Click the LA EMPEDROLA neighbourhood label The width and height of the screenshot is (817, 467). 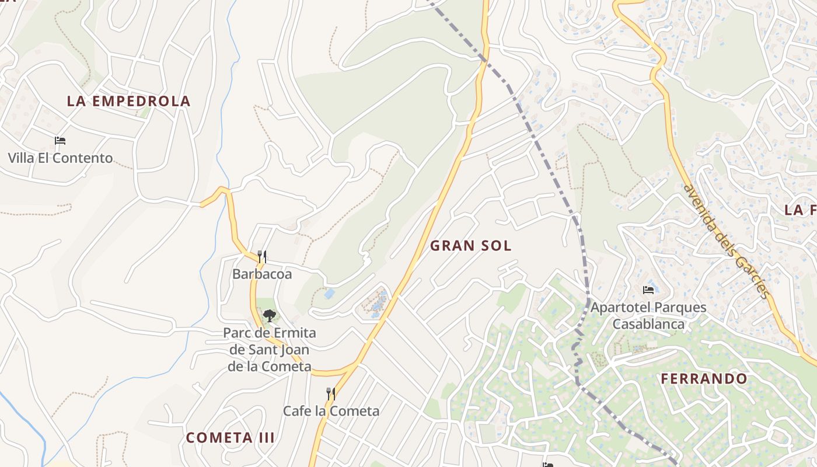pos(128,101)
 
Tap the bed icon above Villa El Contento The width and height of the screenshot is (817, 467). pos(60,141)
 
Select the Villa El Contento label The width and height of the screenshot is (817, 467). pos(60,158)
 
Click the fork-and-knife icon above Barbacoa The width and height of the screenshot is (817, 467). pos(262,256)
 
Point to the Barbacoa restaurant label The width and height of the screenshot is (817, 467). pos(262,273)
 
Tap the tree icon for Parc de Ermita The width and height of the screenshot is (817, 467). pos(269,316)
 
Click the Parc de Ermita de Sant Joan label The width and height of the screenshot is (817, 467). pos(270,350)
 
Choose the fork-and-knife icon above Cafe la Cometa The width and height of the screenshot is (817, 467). pos(331,394)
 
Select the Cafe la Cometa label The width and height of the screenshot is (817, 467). pos(331,411)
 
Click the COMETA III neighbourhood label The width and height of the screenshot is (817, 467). pos(230,437)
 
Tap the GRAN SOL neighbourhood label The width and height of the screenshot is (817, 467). pos(470,246)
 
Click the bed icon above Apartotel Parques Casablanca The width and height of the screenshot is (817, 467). pos(648,290)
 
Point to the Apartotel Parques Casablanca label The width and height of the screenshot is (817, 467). pos(648,315)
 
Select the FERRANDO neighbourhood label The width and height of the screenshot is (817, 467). pos(704,379)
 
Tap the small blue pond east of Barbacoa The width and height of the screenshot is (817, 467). pos(329,294)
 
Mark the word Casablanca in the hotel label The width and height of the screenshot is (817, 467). pos(648,324)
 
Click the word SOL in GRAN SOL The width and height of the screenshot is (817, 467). pos(497,246)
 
